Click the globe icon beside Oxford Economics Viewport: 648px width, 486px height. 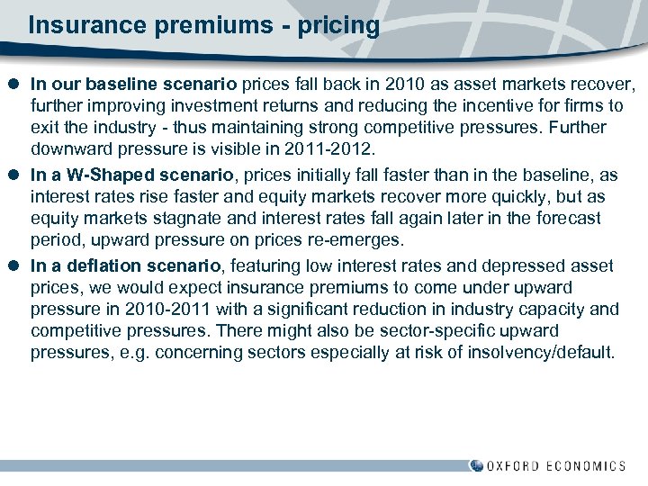tap(477, 466)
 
